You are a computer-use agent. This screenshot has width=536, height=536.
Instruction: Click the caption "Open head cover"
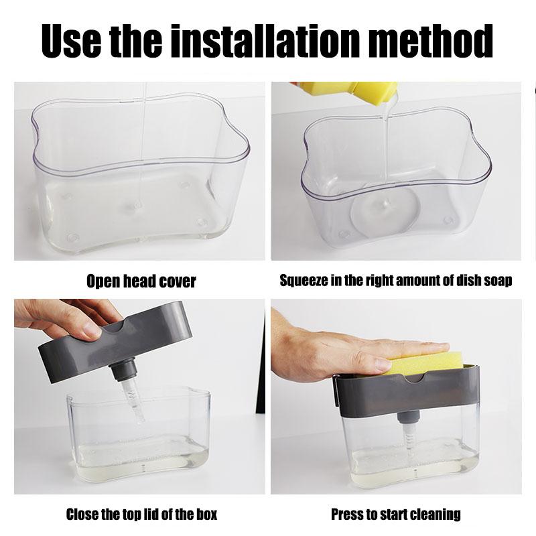click(x=141, y=281)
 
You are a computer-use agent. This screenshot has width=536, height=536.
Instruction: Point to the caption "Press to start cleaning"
click(x=396, y=515)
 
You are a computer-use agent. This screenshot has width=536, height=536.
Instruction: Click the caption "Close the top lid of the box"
click(x=141, y=515)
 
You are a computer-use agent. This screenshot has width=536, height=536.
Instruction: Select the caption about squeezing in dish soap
click(x=395, y=281)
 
